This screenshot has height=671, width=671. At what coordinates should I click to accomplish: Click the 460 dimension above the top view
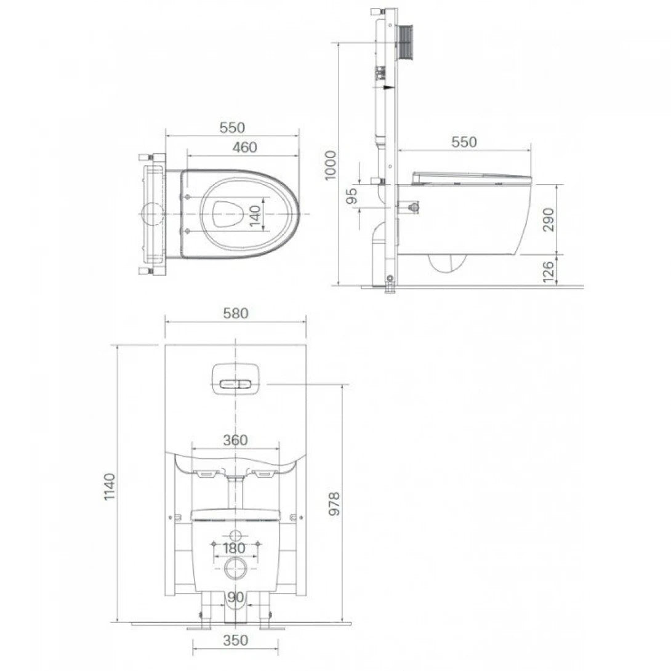tap(244, 147)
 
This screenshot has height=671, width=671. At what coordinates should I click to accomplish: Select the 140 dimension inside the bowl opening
tap(255, 217)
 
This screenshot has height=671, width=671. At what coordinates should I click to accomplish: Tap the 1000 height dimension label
tap(331, 164)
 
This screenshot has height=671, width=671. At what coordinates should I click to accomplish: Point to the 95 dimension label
tap(351, 196)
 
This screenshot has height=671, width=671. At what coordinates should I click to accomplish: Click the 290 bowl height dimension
tap(548, 219)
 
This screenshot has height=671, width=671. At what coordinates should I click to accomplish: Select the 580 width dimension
tap(235, 313)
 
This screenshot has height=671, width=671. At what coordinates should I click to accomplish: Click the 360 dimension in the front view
tap(235, 440)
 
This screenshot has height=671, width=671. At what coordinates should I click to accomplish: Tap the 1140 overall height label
tap(109, 486)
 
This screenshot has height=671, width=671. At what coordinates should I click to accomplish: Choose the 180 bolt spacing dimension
tap(235, 548)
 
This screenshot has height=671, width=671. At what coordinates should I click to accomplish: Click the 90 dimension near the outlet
tap(235, 597)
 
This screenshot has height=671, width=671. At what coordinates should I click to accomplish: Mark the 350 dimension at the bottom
tap(235, 640)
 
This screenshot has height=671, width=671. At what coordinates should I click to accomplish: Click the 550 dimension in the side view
tap(464, 142)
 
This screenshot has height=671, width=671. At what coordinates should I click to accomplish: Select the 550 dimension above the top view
tap(233, 127)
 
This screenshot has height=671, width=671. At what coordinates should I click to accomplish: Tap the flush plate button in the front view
tap(235, 379)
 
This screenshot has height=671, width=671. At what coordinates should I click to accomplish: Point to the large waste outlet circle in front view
tap(235, 569)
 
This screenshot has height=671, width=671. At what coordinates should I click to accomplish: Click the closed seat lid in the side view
tap(471, 178)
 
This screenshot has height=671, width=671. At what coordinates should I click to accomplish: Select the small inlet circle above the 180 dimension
tap(235, 534)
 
